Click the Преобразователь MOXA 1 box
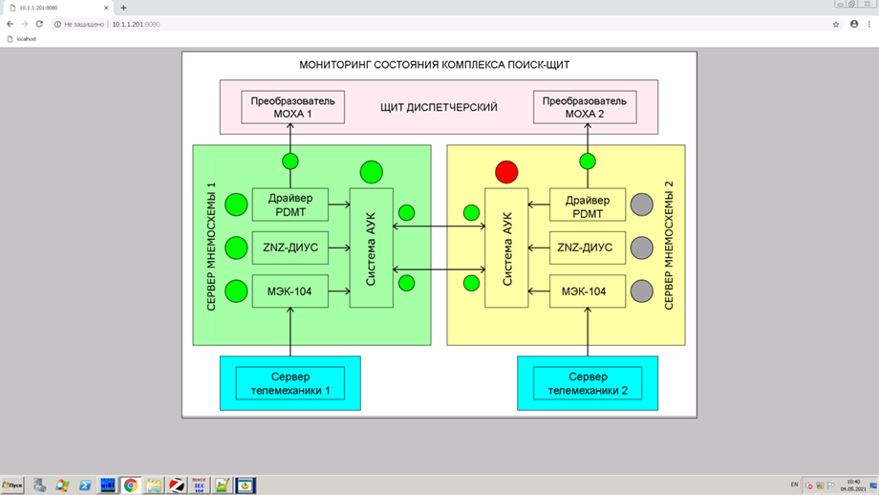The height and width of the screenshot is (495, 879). tap(293, 107)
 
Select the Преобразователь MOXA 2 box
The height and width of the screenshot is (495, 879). tap(585, 107)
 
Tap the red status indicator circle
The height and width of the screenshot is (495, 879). tap(506, 172)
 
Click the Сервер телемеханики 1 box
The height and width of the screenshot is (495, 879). tap(290, 383)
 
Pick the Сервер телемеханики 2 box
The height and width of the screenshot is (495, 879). tap(588, 383)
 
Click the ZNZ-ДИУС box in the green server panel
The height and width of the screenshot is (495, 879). tap(289, 247)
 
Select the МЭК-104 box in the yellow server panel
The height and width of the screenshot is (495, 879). tap(588, 291)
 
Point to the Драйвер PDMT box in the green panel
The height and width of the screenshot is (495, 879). tap(289, 203)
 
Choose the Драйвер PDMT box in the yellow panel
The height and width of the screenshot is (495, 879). tap(588, 204)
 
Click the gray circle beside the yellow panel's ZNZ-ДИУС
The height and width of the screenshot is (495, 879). tap(641, 247)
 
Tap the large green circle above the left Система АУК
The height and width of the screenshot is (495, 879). tap(372, 172)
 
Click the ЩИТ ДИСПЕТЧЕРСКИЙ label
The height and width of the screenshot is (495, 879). tap(439, 108)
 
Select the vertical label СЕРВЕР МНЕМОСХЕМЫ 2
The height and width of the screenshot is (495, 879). tap(670, 245)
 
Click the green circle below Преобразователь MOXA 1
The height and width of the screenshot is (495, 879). tap(290, 161)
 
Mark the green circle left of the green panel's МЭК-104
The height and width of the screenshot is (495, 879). tap(236, 291)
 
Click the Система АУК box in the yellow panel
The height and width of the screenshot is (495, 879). tap(506, 247)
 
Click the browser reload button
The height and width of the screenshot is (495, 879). tap(39, 24)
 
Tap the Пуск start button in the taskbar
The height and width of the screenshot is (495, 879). tap(12, 485)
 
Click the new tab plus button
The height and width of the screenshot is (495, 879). tap(123, 8)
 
